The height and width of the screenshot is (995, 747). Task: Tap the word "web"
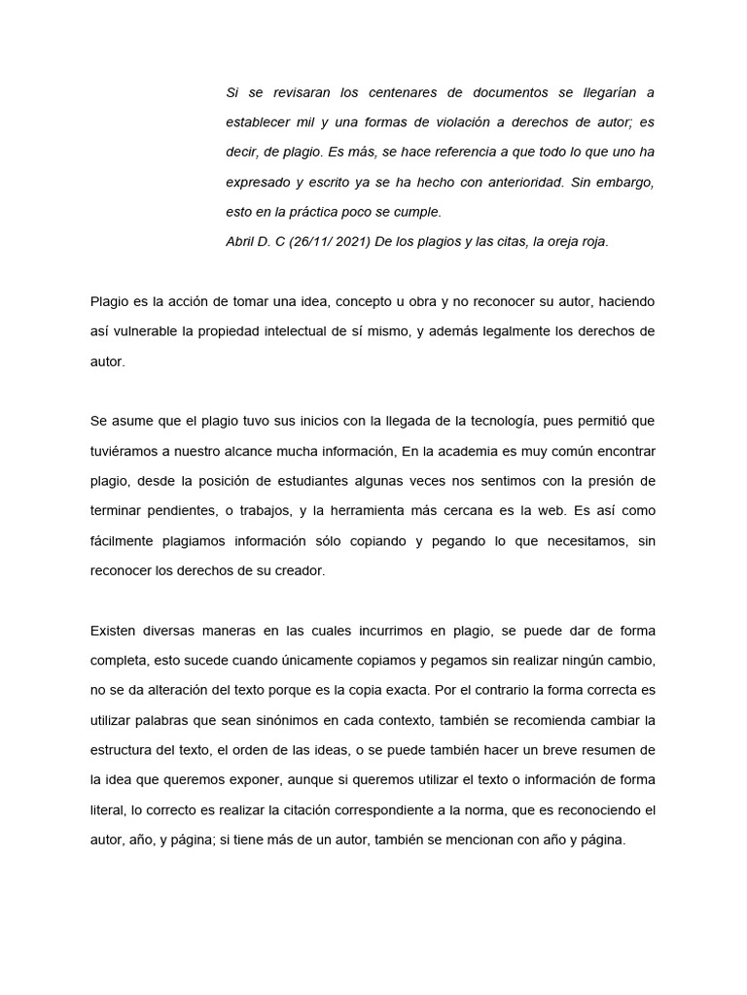click(x=555, y=512)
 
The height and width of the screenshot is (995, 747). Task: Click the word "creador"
click(x=295, y=571)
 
